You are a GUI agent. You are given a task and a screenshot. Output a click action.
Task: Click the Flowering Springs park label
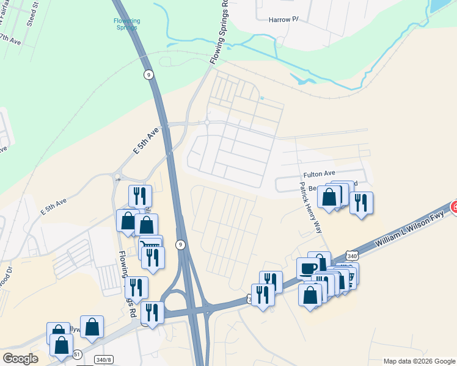click(127, 24)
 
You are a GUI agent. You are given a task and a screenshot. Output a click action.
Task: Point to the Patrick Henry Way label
click(310, 207)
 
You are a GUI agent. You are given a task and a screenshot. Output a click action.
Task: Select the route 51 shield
click(77, 354)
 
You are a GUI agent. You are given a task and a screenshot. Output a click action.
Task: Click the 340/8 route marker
click(104, 359)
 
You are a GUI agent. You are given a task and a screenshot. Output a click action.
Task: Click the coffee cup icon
click(308, 268)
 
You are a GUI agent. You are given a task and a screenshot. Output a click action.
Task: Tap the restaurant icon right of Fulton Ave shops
click(361, 202)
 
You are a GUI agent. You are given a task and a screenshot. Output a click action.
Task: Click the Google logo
click(20, 359)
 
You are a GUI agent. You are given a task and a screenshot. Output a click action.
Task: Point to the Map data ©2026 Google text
click(419, 361)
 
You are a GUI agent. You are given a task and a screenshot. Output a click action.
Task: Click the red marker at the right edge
click(454, 207)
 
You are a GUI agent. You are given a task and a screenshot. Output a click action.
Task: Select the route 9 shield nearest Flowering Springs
click(148, 74)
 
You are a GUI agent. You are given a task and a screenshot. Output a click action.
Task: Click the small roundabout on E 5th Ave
click(117, 178)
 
